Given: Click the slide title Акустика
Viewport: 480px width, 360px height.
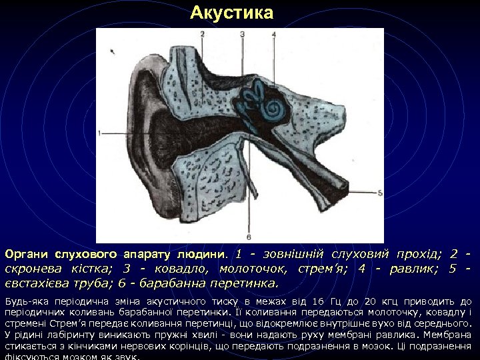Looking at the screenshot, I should [x=231, y=13].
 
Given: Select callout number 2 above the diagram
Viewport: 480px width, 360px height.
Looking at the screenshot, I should [x=201, y=33].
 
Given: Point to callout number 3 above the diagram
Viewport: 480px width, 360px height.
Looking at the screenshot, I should [x=243, y=33].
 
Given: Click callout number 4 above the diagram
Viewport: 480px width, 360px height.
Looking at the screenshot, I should [x=273, y=33].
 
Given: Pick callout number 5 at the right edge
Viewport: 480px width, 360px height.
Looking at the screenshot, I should [x=380, y=193].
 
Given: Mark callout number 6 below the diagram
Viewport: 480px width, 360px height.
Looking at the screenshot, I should [x=249, y=237].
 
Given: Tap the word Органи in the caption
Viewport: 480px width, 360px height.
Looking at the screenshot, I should [x=25, y=255].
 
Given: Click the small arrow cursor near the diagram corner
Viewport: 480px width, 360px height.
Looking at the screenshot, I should [x=113, y=47].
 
